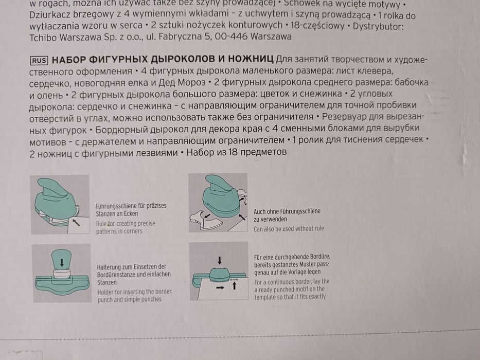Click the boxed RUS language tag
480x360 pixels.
(39, 60)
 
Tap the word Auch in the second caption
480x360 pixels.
(260, 211)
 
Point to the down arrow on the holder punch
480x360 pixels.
(62, 262)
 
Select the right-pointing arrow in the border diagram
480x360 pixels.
(219, 288)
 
